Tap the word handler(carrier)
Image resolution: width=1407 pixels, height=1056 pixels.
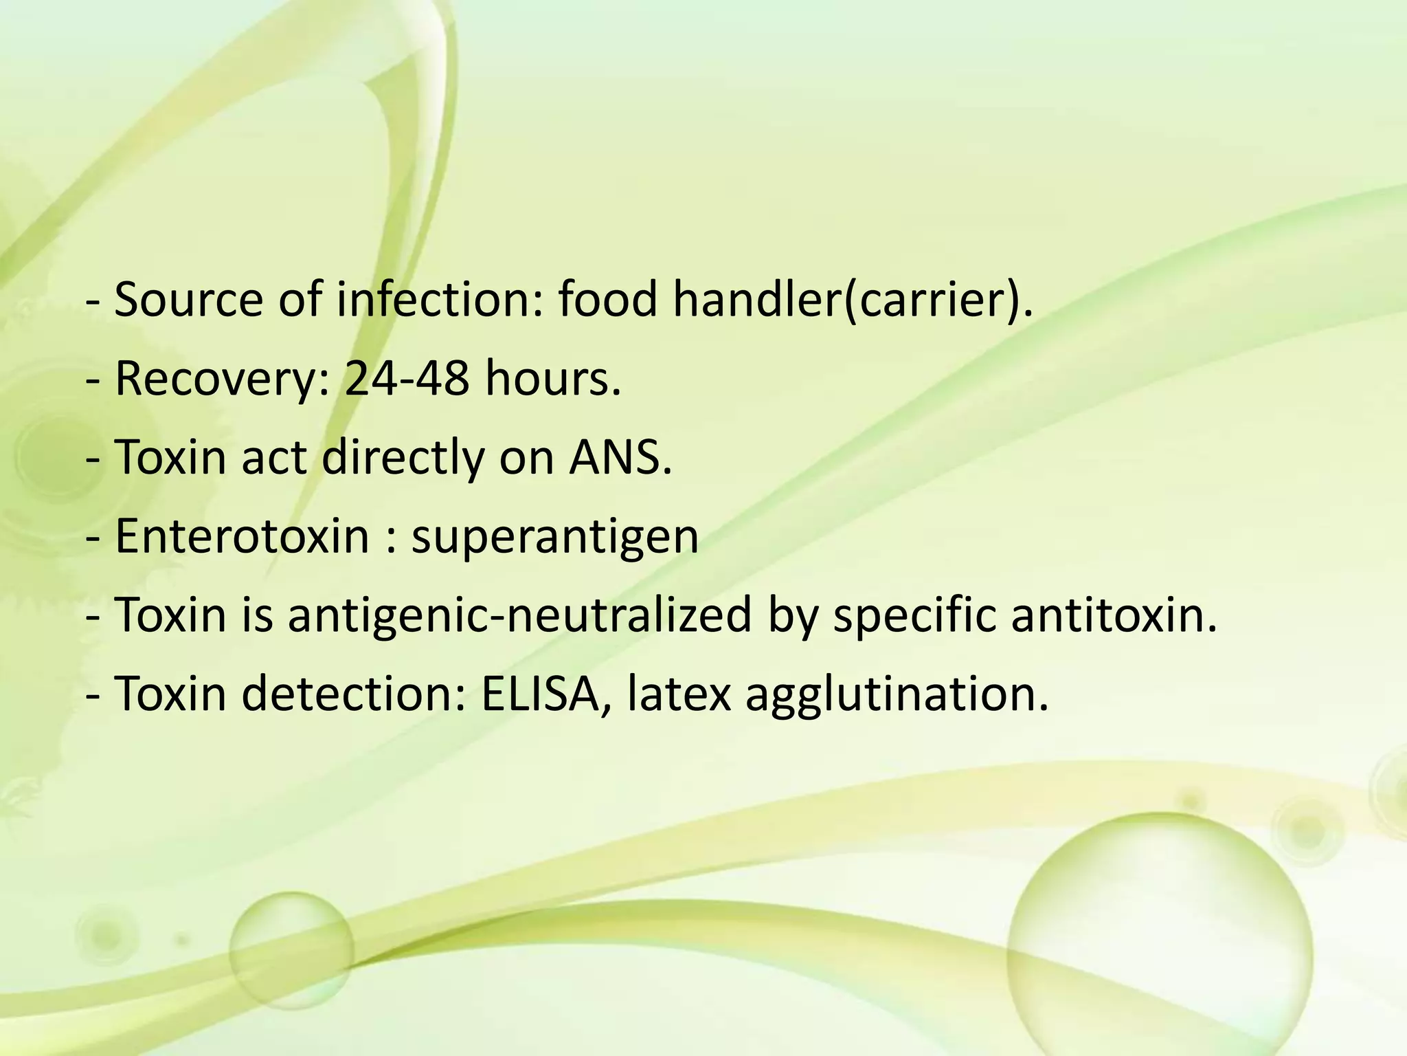click(x=852, y=300)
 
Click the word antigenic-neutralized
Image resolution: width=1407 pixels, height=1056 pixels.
click(x=519, y=614)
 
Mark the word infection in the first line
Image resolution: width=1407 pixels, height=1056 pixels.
click(x=440, y=300)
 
